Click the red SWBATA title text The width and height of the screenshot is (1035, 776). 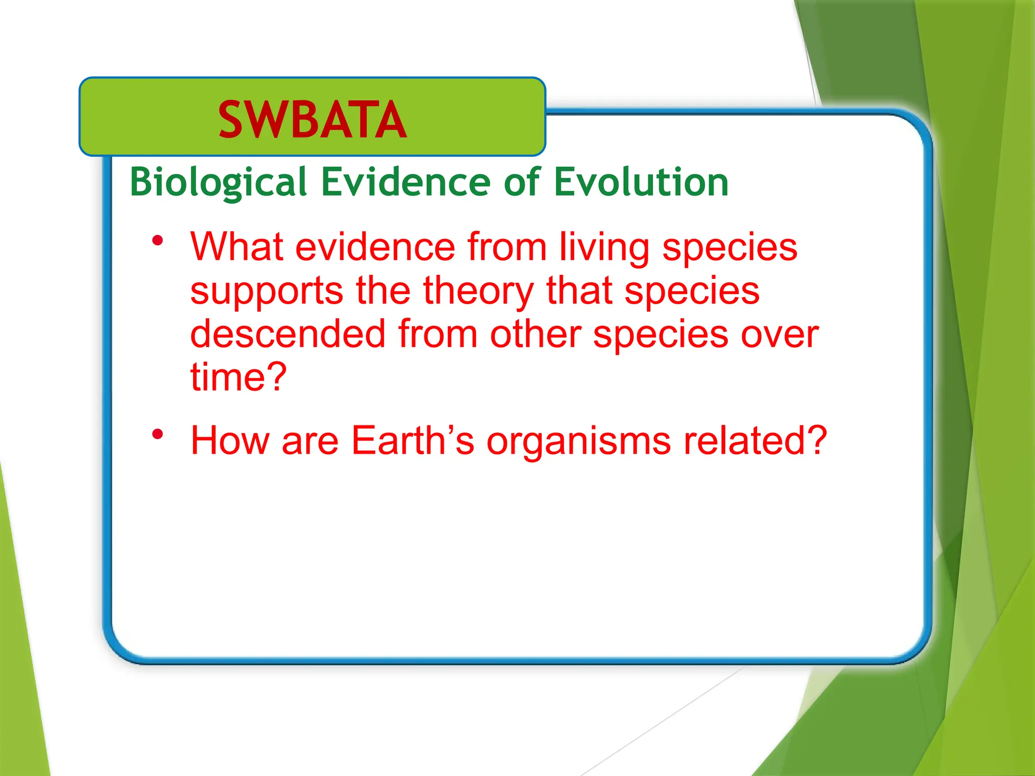(x=312, y=120)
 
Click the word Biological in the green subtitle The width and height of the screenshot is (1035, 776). (x=218, y=182)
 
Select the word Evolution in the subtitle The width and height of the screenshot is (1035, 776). (x=641, y=182)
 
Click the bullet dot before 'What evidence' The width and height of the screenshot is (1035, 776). (x=158, y=241)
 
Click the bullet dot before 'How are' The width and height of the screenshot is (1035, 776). (x=158, y=434)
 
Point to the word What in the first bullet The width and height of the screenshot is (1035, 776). (x=236, y=247)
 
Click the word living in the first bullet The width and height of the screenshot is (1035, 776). (x=604, y=247)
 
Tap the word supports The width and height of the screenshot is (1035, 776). (x=266, y=292)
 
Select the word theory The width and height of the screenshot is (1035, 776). (x=478, y=292)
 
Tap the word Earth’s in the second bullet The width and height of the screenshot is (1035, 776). (x=412, y=441)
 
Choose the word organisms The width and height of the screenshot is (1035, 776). (x=579, y=441)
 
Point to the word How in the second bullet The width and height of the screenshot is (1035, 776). (x=229, y=441)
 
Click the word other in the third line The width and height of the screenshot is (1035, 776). (x=535, y=334)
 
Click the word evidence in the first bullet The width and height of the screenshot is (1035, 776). (x=375, y=247)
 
